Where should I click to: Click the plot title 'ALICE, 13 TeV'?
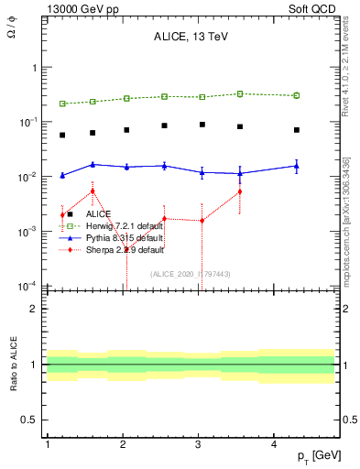(x=191, y=38)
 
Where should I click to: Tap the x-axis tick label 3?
(x=199, y=444)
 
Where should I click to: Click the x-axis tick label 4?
(x=275, y=444)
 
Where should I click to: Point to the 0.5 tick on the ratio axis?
(x=30, y=420)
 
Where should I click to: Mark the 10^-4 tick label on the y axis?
(x=27, y=286)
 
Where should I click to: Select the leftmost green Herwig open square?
(x=62, y=104)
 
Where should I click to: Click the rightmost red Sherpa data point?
(x=240, y=191)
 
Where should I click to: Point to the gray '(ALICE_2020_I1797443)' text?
(x=191, y=273)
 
